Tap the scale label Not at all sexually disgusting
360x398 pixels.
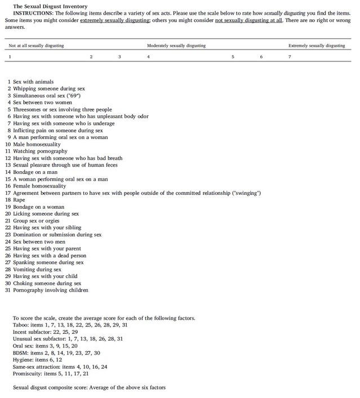point(36,46)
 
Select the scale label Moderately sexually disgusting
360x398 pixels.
point(176,46)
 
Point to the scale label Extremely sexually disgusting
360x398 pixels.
point(316,46)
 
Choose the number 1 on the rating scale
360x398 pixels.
point(10,57)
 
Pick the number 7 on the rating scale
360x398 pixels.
point(290,57)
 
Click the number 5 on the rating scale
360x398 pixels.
point(232,57)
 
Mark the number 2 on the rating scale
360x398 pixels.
point(91,57)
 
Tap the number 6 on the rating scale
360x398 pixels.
point(261,57)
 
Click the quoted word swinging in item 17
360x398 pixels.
point(246,193)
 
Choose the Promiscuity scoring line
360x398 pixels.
point(50,373)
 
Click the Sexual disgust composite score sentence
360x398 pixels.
point(89,387)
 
